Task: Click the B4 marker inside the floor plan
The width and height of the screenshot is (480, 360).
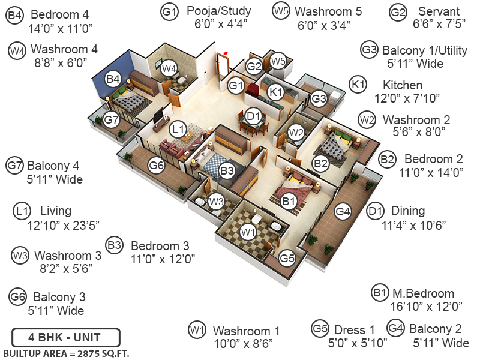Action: pos(113,79)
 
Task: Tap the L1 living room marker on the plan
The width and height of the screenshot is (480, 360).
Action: pos(177,129)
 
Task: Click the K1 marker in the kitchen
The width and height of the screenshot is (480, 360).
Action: pos(275,92)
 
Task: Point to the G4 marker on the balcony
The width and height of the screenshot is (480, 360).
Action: pos(343,211)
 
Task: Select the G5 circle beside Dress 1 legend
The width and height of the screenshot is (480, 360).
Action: pos(320,329)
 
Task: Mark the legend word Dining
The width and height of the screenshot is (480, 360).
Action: pos(408,211)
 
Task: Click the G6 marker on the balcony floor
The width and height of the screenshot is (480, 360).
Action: pos(157,165)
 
